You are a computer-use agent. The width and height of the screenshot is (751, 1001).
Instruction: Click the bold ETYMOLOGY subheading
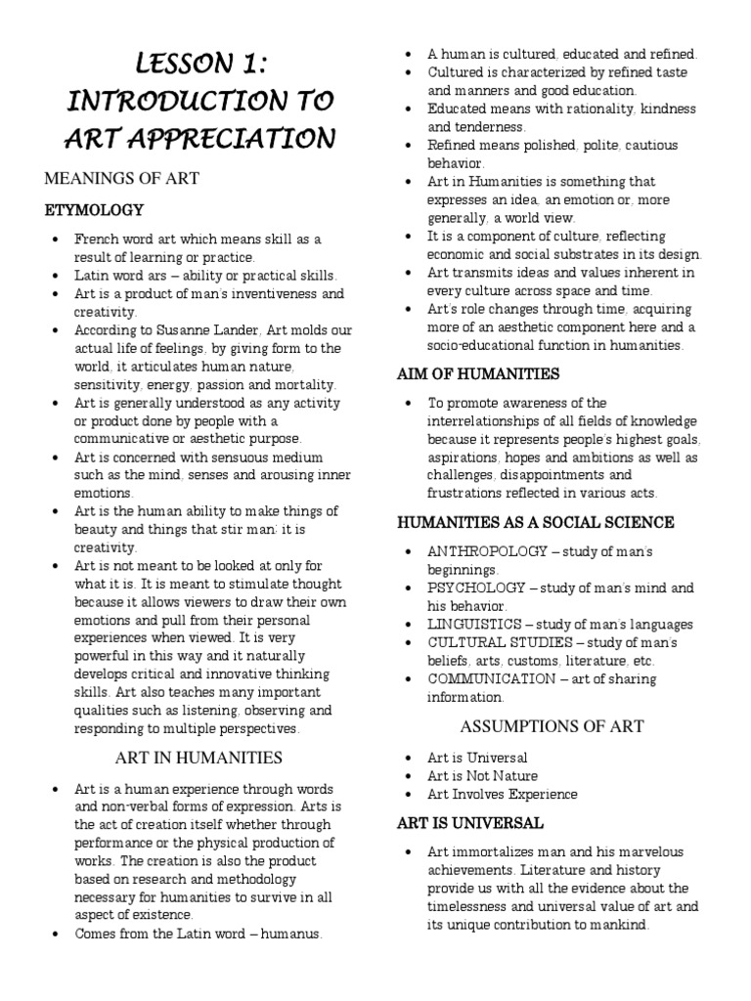point(94,210)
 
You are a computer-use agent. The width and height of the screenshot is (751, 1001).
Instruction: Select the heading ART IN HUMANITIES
point(199,757)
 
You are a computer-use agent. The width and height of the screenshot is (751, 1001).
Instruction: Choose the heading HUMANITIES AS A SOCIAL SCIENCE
point(535,522)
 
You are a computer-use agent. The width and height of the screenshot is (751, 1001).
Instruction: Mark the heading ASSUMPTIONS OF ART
point(545,726)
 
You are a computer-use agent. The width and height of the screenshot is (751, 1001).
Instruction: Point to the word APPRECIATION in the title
point(234,138)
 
